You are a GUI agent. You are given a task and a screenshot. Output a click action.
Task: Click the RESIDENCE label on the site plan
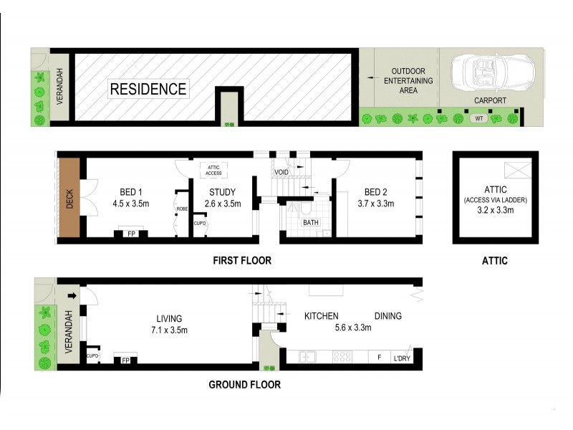(x=148, y=90)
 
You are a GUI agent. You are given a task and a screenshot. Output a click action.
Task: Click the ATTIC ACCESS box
(x=213, y=170)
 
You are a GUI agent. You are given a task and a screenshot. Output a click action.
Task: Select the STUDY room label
(x=222, y=192)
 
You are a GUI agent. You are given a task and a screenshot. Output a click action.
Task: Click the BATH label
(x=311, y=223)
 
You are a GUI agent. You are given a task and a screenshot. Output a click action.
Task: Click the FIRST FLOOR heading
(x=242, y=261)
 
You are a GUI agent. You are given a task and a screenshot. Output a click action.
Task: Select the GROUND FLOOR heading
(x=244, y=385)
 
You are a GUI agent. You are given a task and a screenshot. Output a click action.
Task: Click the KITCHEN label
(x=321, y=316)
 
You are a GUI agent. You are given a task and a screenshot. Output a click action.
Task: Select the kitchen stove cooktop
(x=343, y=355)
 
